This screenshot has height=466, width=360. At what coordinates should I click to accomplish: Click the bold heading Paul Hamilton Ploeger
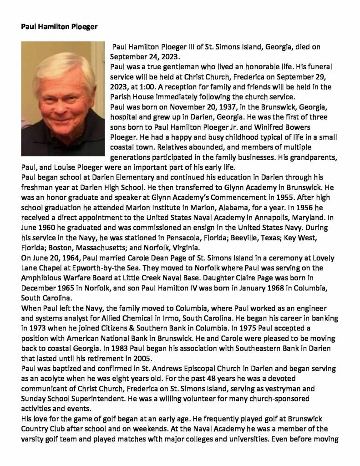(x=59, y=26)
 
